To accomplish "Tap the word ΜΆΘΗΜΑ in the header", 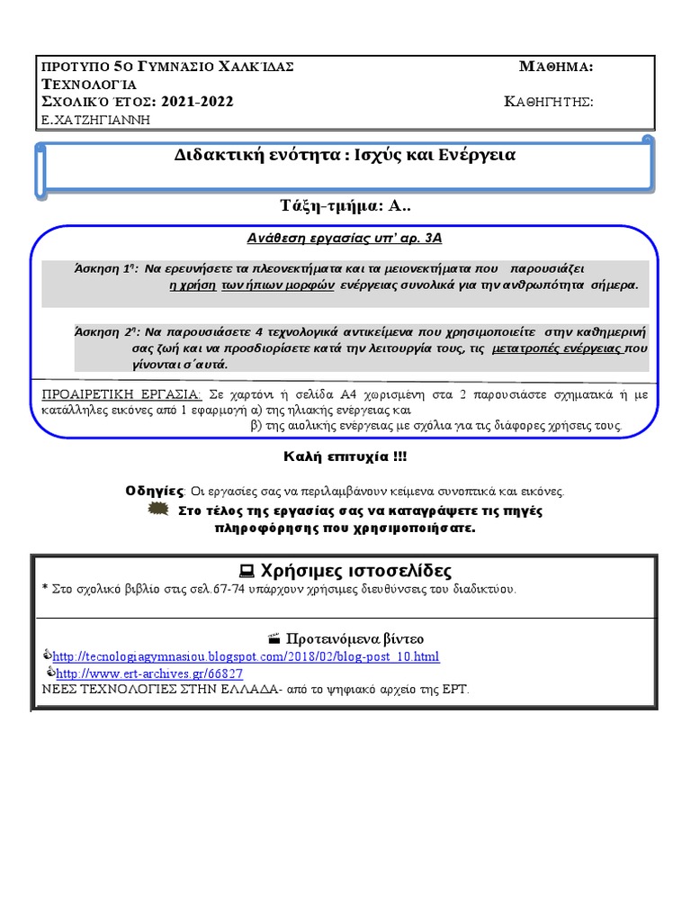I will pyautogui.click(x=555, y=68).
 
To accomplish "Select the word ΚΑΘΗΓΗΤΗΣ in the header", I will pyautogui.click(x=548, y=102).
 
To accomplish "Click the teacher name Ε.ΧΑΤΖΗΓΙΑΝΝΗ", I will pyautogui.click(x=96, y=119).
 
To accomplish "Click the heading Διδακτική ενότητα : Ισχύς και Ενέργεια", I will pyautogui.click(x=345, y=155).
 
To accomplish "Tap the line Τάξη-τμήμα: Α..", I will pyautogui.click(x=345, y=205).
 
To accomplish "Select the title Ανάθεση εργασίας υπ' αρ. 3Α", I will pyautogui.click(x=345, y=239).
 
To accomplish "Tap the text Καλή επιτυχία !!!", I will pyautogui.click(x=345, y=457).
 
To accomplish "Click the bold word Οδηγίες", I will pyautogui.click(x=155, y=491).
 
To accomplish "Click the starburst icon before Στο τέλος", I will pyautogui.click(x=157, y=510).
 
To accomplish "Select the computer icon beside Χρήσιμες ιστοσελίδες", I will pyautogui.click(x=246, y=572).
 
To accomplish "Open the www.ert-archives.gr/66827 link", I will pyautogui.click(x=149, y=673).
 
